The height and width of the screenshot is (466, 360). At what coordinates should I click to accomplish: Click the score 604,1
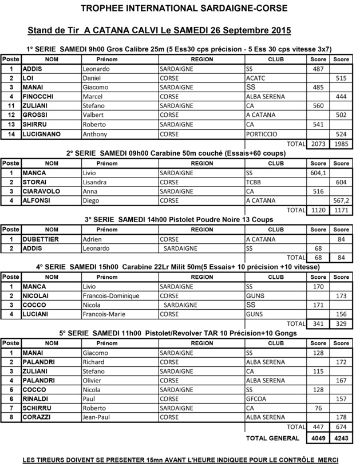318,172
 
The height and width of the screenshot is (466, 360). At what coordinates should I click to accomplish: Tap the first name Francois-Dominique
111,295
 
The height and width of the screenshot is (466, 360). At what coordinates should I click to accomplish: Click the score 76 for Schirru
318,408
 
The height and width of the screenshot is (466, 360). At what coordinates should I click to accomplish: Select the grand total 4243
341,438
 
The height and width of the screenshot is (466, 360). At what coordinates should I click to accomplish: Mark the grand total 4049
318,438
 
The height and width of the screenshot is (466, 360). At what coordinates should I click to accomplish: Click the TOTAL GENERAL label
272,438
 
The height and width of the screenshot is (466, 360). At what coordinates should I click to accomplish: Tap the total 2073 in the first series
318,143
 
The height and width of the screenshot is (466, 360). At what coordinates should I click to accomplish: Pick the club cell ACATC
255,78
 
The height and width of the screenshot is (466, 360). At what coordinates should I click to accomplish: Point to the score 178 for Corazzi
341,417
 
